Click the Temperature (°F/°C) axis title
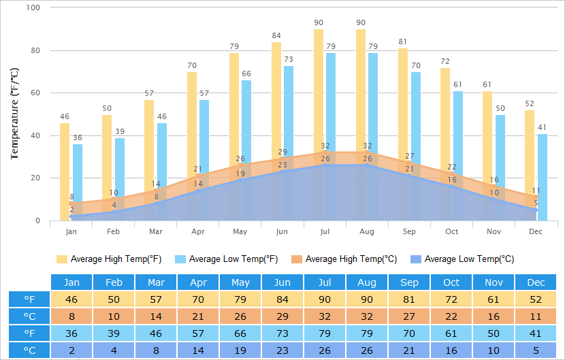click(x=14, y=113)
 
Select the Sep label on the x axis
click(x=409, y=232)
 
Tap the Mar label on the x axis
click(x=156, y=232)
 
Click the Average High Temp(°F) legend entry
click(x=109, y=259)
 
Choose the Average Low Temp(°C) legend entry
click(x=462, y=259)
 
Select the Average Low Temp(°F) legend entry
click(x=226, y=259)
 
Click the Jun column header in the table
click(x=282, y=282)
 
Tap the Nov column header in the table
click(x=494, y=282)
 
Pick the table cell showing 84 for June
click(x=282, y=299)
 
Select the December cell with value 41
click(x=536, y=333)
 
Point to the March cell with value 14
click(x=156, y=316)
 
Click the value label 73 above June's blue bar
click(x=289, y=59)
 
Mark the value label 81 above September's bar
click(x=403, y=42)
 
